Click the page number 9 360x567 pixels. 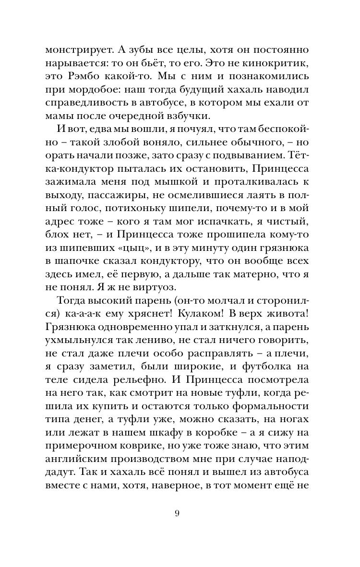(x=177, y=514)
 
